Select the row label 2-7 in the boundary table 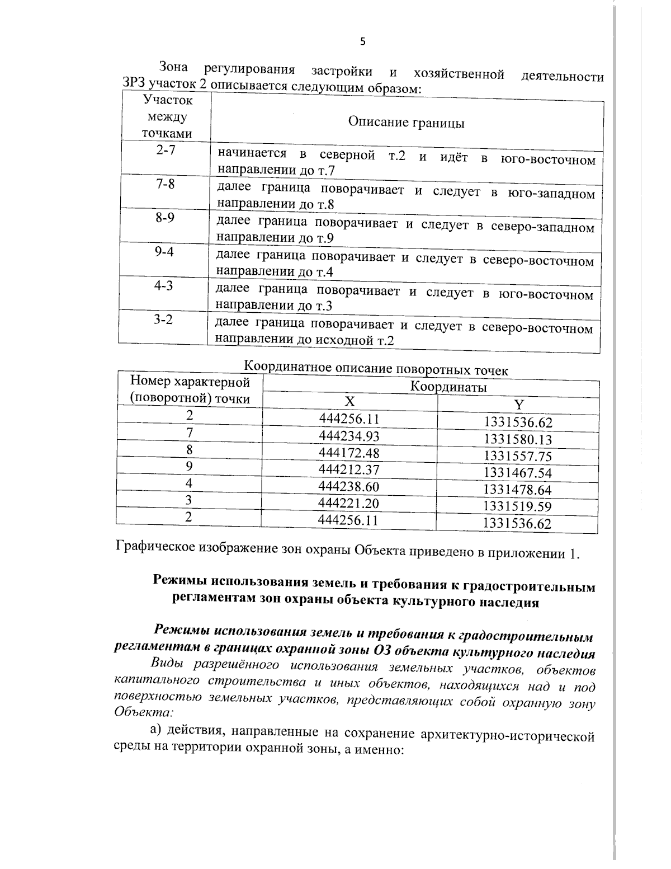tap(166, 150)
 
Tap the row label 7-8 tap(165, 184)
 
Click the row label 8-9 tap(165, 218)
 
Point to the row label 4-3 tap(164, 285)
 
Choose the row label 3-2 tap(163, 320)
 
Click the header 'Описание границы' tap(406, 123)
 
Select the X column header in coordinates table tap(349, 401)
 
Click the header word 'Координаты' tap(448, 387)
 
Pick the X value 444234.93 tap(349, 435)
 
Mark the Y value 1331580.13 tap(518, 439)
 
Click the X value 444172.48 tap(349, 452)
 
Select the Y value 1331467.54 tap(518, 473)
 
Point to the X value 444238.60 tap(348, 486)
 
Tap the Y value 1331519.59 tap(517, 506)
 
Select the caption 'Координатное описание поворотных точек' tap(376, 369)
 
